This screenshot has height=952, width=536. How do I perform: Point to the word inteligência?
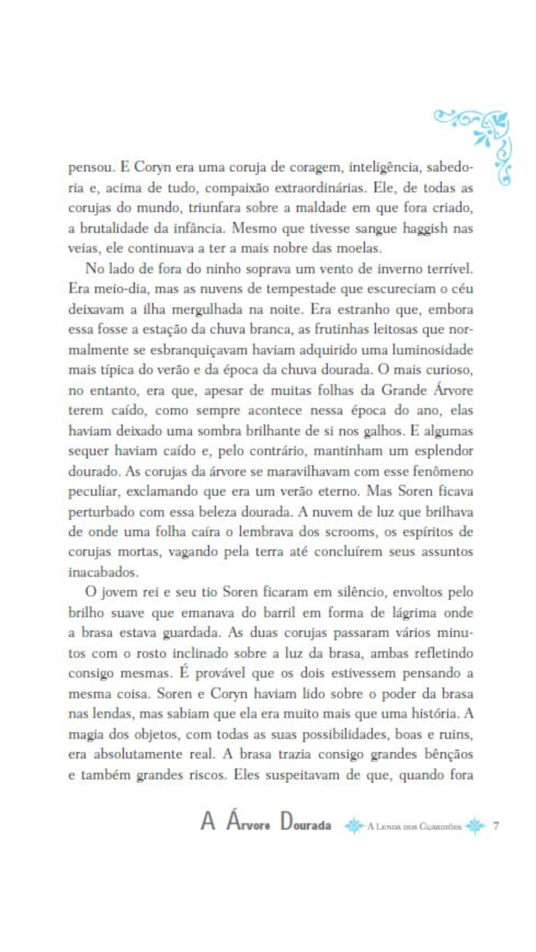point(384,167)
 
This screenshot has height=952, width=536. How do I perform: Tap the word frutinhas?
point(339,329)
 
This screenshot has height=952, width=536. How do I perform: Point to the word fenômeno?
point(443,471)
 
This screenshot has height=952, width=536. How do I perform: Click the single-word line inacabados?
point(103,572)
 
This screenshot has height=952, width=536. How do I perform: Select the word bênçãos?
point(442,754)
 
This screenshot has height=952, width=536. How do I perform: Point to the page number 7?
point(496,826)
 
